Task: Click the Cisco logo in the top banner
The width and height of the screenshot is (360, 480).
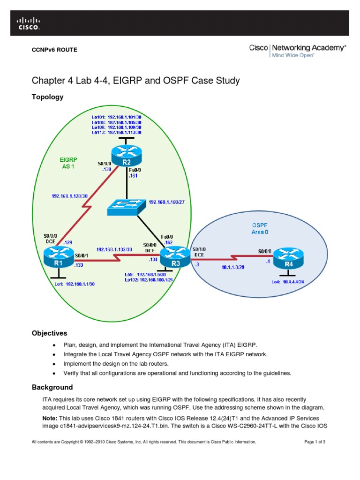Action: click(29, 23)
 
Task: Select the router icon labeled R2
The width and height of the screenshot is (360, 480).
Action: click(127, 153)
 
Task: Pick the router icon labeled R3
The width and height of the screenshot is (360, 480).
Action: click(175, 256)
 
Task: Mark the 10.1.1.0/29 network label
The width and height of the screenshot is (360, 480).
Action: click(232, 267)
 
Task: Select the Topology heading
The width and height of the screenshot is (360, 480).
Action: click(47, 97)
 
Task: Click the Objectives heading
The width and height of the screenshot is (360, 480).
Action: click(49, 333)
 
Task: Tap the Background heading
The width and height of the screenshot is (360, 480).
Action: click(52, 387)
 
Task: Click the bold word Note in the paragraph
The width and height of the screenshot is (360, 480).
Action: click(50, 418)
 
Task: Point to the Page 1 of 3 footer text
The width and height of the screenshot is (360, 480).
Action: click(318, 442)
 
